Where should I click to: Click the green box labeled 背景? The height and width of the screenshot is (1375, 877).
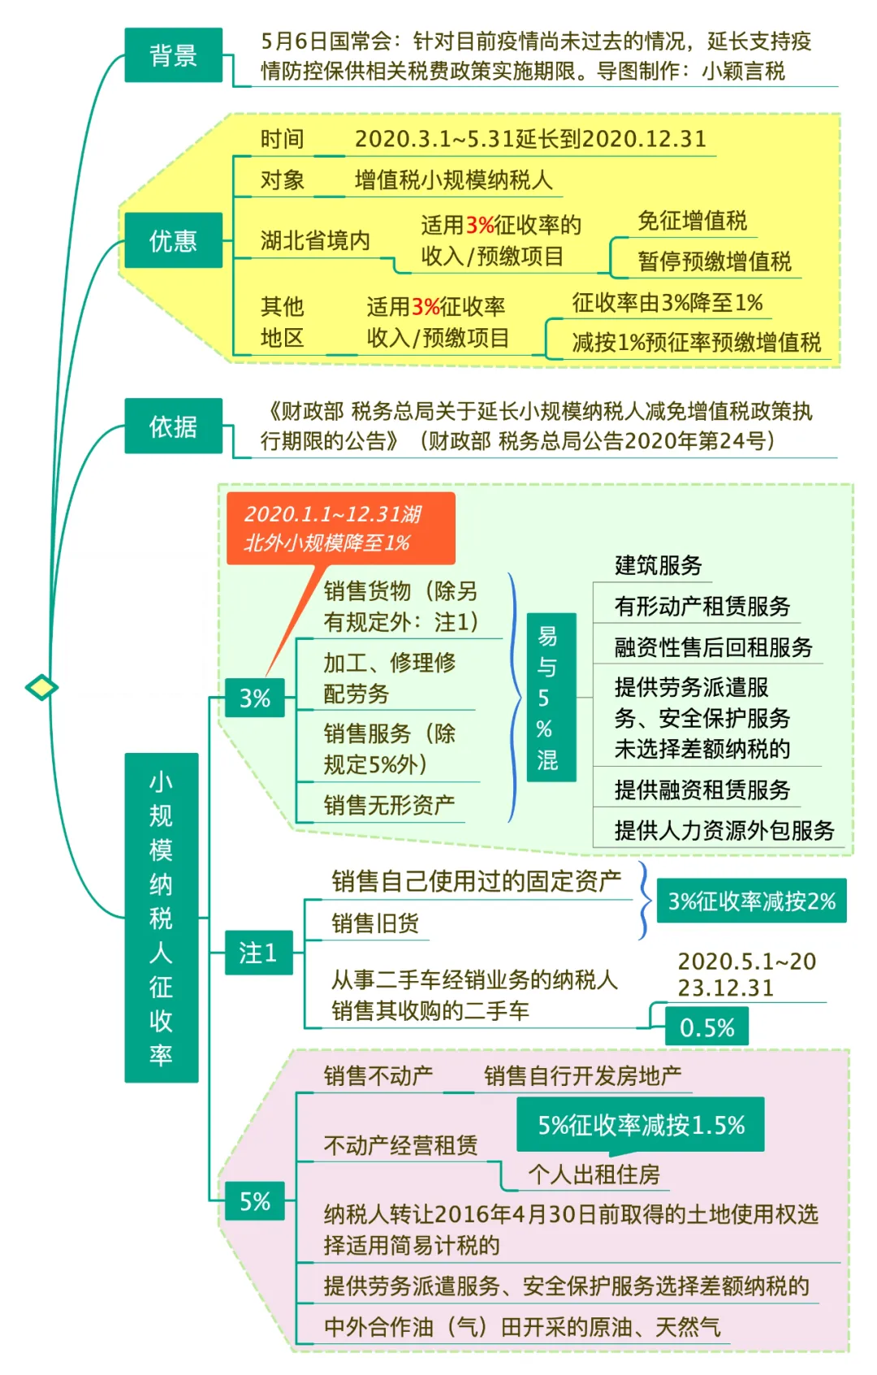coord(173,54)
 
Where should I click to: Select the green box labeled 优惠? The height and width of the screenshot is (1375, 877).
coord(173,240)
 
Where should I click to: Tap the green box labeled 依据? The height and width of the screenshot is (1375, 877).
coord(173,426)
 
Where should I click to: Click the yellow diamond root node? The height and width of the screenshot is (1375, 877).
coord(41,687)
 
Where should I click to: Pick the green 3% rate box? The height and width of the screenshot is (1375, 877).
coord(255,698)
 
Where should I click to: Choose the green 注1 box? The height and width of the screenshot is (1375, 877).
coord(258,952)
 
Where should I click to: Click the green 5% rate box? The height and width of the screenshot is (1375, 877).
coord(255,1200)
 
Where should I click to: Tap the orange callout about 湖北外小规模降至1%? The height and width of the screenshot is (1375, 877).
coord(340,528)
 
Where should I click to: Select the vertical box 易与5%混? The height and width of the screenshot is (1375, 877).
coord(551,697)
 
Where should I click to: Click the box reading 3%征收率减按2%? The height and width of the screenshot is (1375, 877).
coord(751,901)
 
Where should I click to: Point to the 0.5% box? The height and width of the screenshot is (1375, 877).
coord(707,1027)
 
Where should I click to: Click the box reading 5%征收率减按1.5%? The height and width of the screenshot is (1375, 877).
coord(641,1125)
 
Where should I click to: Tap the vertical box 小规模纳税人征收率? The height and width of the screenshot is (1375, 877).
coord(162,917)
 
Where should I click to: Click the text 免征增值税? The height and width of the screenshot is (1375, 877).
coord(693,220)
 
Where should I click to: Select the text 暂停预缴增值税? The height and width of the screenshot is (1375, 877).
coord(715,261)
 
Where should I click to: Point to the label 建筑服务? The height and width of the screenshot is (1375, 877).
coord(658,565)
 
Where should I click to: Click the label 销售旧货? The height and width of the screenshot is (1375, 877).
coord(376,923)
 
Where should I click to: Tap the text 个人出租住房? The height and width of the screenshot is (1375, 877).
coord(594,1174)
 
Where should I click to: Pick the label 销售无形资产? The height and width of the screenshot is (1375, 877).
coord(389,805)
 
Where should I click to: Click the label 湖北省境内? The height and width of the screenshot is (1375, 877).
coord(315,240)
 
